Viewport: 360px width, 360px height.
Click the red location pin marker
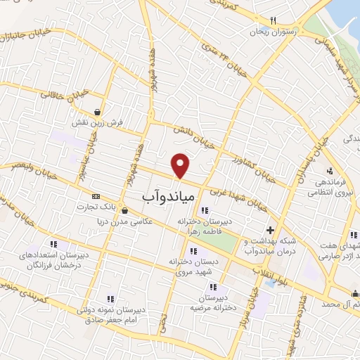click(181, 165)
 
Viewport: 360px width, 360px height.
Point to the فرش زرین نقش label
click(100, 122)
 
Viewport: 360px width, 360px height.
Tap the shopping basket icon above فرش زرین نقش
click(98, 111)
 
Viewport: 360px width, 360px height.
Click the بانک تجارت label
click(98, 207)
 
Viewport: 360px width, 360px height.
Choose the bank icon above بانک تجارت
click(96, 196)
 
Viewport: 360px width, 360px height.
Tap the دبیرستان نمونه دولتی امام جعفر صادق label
click(115, 314)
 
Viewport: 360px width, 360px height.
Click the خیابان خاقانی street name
click(64, 91)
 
